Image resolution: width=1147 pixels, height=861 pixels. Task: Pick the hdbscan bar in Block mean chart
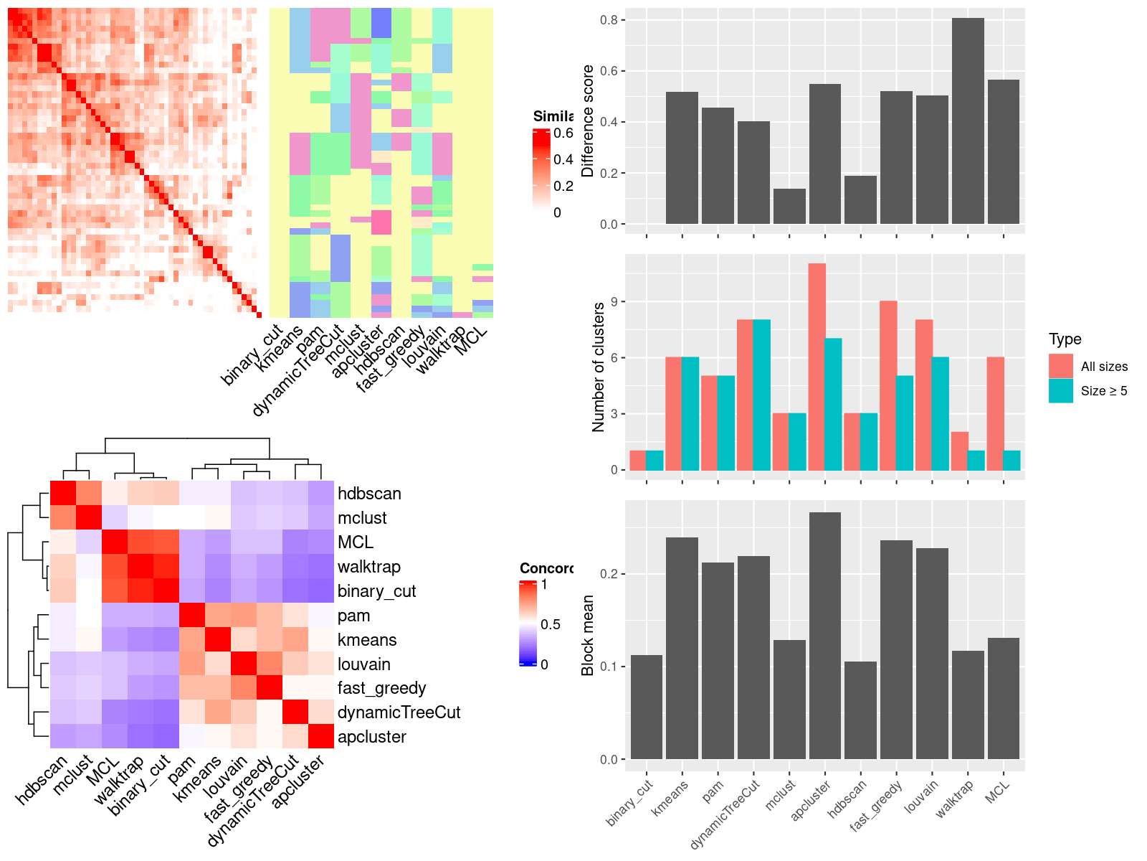(x=860, y=710)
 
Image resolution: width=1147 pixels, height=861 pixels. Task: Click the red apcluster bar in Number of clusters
(x=817, y=367)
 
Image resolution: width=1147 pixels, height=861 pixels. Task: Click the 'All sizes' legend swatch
(x=1061, y=366)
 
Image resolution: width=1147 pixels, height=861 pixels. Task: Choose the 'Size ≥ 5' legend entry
(x=1103, y=391)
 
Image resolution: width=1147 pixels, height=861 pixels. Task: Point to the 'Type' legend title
(x=1065, y=339)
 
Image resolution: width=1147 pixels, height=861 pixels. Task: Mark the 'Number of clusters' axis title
(x=599, y=367)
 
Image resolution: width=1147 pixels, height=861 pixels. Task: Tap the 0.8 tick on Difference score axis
(x=609, y=20)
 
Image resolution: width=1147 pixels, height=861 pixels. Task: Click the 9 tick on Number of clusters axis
(x=614, y=302)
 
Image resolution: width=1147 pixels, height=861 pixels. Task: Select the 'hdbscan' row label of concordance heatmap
(x=369, y=494)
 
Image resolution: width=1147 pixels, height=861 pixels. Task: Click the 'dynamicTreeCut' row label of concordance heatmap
(x=399, y=712)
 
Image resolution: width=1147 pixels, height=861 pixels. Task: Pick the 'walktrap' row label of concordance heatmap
(x=368, y=567)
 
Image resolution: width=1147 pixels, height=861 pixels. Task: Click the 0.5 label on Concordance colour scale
(x=551, y=624)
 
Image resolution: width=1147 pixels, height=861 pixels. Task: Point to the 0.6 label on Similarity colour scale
(x=563, y=133)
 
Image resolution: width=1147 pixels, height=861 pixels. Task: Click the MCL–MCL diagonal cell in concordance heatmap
(x=115, y=542)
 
